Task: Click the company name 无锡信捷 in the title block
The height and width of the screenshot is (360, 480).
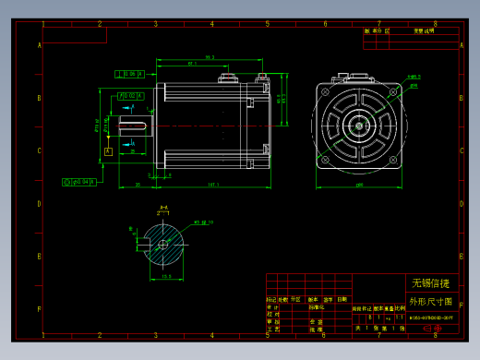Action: click(x=430, y=282)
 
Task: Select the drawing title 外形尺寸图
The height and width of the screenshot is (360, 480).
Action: click(x=430, y=301)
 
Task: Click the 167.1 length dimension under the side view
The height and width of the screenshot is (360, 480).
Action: click(x=213, y=186)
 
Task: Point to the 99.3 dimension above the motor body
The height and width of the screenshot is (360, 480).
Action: click(x=210, y=57)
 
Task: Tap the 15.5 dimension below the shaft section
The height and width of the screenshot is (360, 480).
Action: click(x=167, y=276)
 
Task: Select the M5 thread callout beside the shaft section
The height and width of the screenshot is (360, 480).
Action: click(x=204, y=222)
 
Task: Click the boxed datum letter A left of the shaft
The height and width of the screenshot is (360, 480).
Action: click(x=108, y=150)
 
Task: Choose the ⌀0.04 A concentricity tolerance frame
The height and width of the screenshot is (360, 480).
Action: click(x=80, y=182)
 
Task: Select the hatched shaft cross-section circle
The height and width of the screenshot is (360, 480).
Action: click(x=162, y=244)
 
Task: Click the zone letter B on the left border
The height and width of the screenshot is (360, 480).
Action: click(x=39, y=98)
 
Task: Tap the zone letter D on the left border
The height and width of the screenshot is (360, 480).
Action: click(x=39, y=204)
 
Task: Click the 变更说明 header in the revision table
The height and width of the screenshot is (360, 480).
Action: click(x=424, y=30)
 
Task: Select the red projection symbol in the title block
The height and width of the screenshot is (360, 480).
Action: click(x=431, y=328)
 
